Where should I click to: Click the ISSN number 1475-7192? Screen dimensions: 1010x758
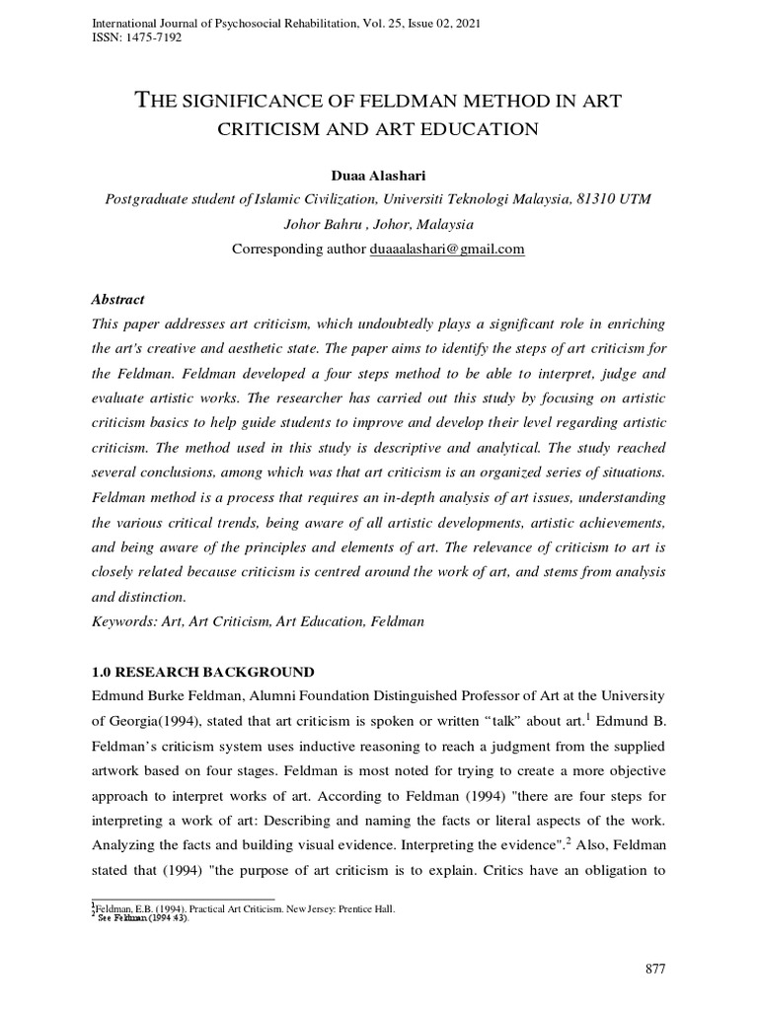[151, 37]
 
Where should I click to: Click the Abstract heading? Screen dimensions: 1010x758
[117, 300]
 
